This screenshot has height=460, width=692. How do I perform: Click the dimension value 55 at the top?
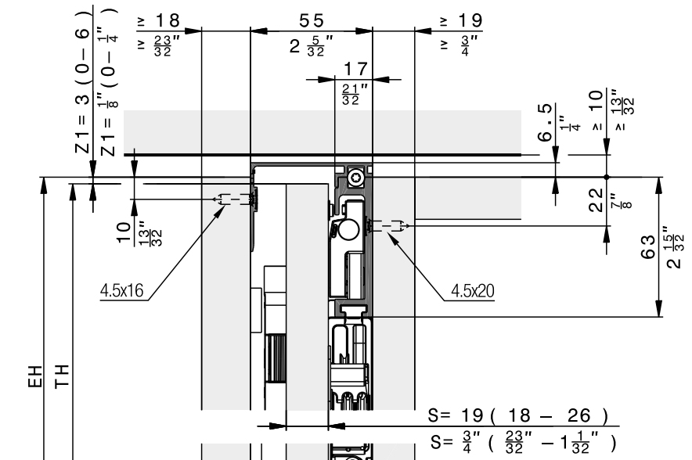click(312, 20)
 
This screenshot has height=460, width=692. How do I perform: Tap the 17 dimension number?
click(355, 69)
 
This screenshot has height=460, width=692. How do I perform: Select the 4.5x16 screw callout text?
click(122, 291)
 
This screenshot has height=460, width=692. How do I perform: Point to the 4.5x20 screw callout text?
click(473, 291)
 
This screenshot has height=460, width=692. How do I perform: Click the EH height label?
click(35, 376)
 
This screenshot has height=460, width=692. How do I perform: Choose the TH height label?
click(62, 376)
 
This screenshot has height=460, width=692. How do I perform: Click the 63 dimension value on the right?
click(647, 247)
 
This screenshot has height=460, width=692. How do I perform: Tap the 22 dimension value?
click(596, 199)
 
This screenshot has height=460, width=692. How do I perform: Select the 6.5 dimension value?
click(546, 122)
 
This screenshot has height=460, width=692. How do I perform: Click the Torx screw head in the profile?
click(355, 178)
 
